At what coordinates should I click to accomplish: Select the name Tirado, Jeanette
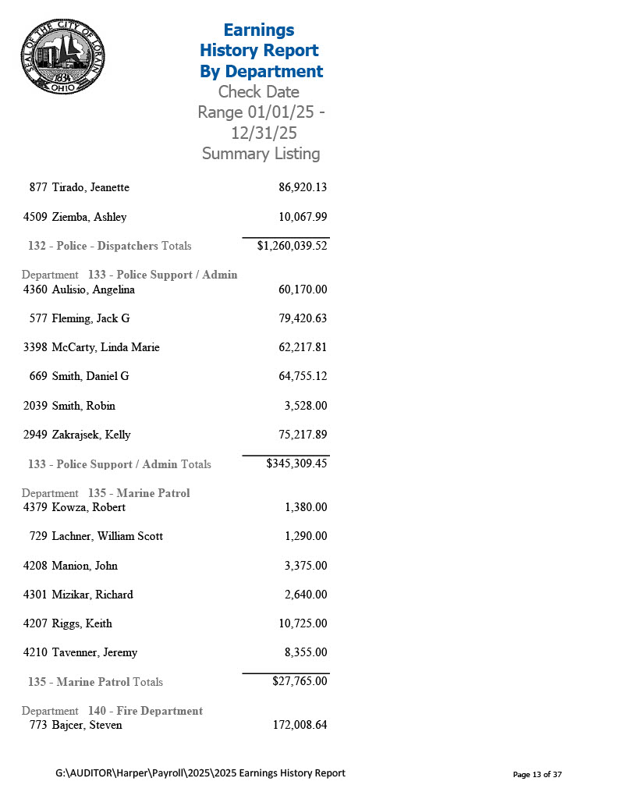(x=90, y=187)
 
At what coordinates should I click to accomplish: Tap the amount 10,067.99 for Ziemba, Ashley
(x=303, y=217)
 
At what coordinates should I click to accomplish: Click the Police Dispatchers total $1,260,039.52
(x=292, y=246)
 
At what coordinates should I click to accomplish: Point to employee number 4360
(x=35, y=289)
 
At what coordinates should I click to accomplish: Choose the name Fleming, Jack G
(x=90, y=318)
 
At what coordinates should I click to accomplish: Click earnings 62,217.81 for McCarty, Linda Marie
(x=303, y=347)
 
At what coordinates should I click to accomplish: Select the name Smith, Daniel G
(x=90, y=376)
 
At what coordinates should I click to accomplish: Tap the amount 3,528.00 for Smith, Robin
(x=306, y=406)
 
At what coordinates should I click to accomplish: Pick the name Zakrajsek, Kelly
(x=91, y=435)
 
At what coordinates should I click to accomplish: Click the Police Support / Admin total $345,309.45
(x=296, y=463)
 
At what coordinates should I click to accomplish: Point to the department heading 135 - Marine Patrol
(x=139, y=493)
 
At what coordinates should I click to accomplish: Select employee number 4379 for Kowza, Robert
(x=35, y=507)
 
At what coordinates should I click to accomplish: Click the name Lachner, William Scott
(x=108, y=536)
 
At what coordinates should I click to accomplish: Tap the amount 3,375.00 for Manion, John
(x=306, y=566)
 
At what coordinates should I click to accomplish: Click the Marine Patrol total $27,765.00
(x=300, y=681)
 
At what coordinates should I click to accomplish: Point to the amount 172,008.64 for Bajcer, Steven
(x=300, y=725)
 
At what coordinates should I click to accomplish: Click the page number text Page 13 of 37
(x=537, y=774)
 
